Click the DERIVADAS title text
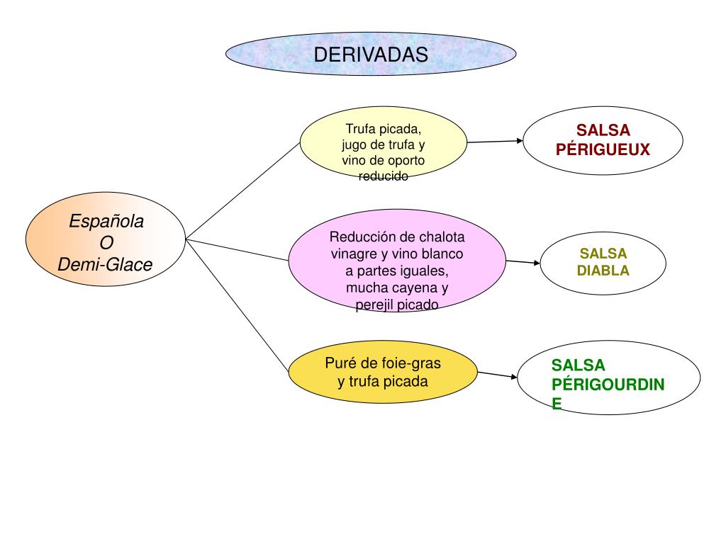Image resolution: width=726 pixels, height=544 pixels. pyautogui.click(x=371, y=55)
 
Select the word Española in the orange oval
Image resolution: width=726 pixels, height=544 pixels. pyautogui.click(x=106, y=222)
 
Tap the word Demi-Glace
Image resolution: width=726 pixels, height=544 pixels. pyautogui.click(x=105, y=265)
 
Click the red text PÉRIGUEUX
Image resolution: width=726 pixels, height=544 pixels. pyautogui.click(x=603, y=149)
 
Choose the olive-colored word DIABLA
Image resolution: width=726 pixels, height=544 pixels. pyautogui.click(x=603, y=271)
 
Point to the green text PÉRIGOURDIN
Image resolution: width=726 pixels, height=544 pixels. pyautogui.click(x=608, y=385)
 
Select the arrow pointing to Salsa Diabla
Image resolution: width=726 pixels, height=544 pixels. pyautogui.click(x=523, y=262)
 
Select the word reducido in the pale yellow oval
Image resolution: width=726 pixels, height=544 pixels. pyautogui.click(x=384, y=176)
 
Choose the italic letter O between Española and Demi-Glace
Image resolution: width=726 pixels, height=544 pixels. pyautogui.click(x=106, y=243)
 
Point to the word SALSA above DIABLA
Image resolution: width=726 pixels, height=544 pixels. pyautogui.click(x=603, y=254)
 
